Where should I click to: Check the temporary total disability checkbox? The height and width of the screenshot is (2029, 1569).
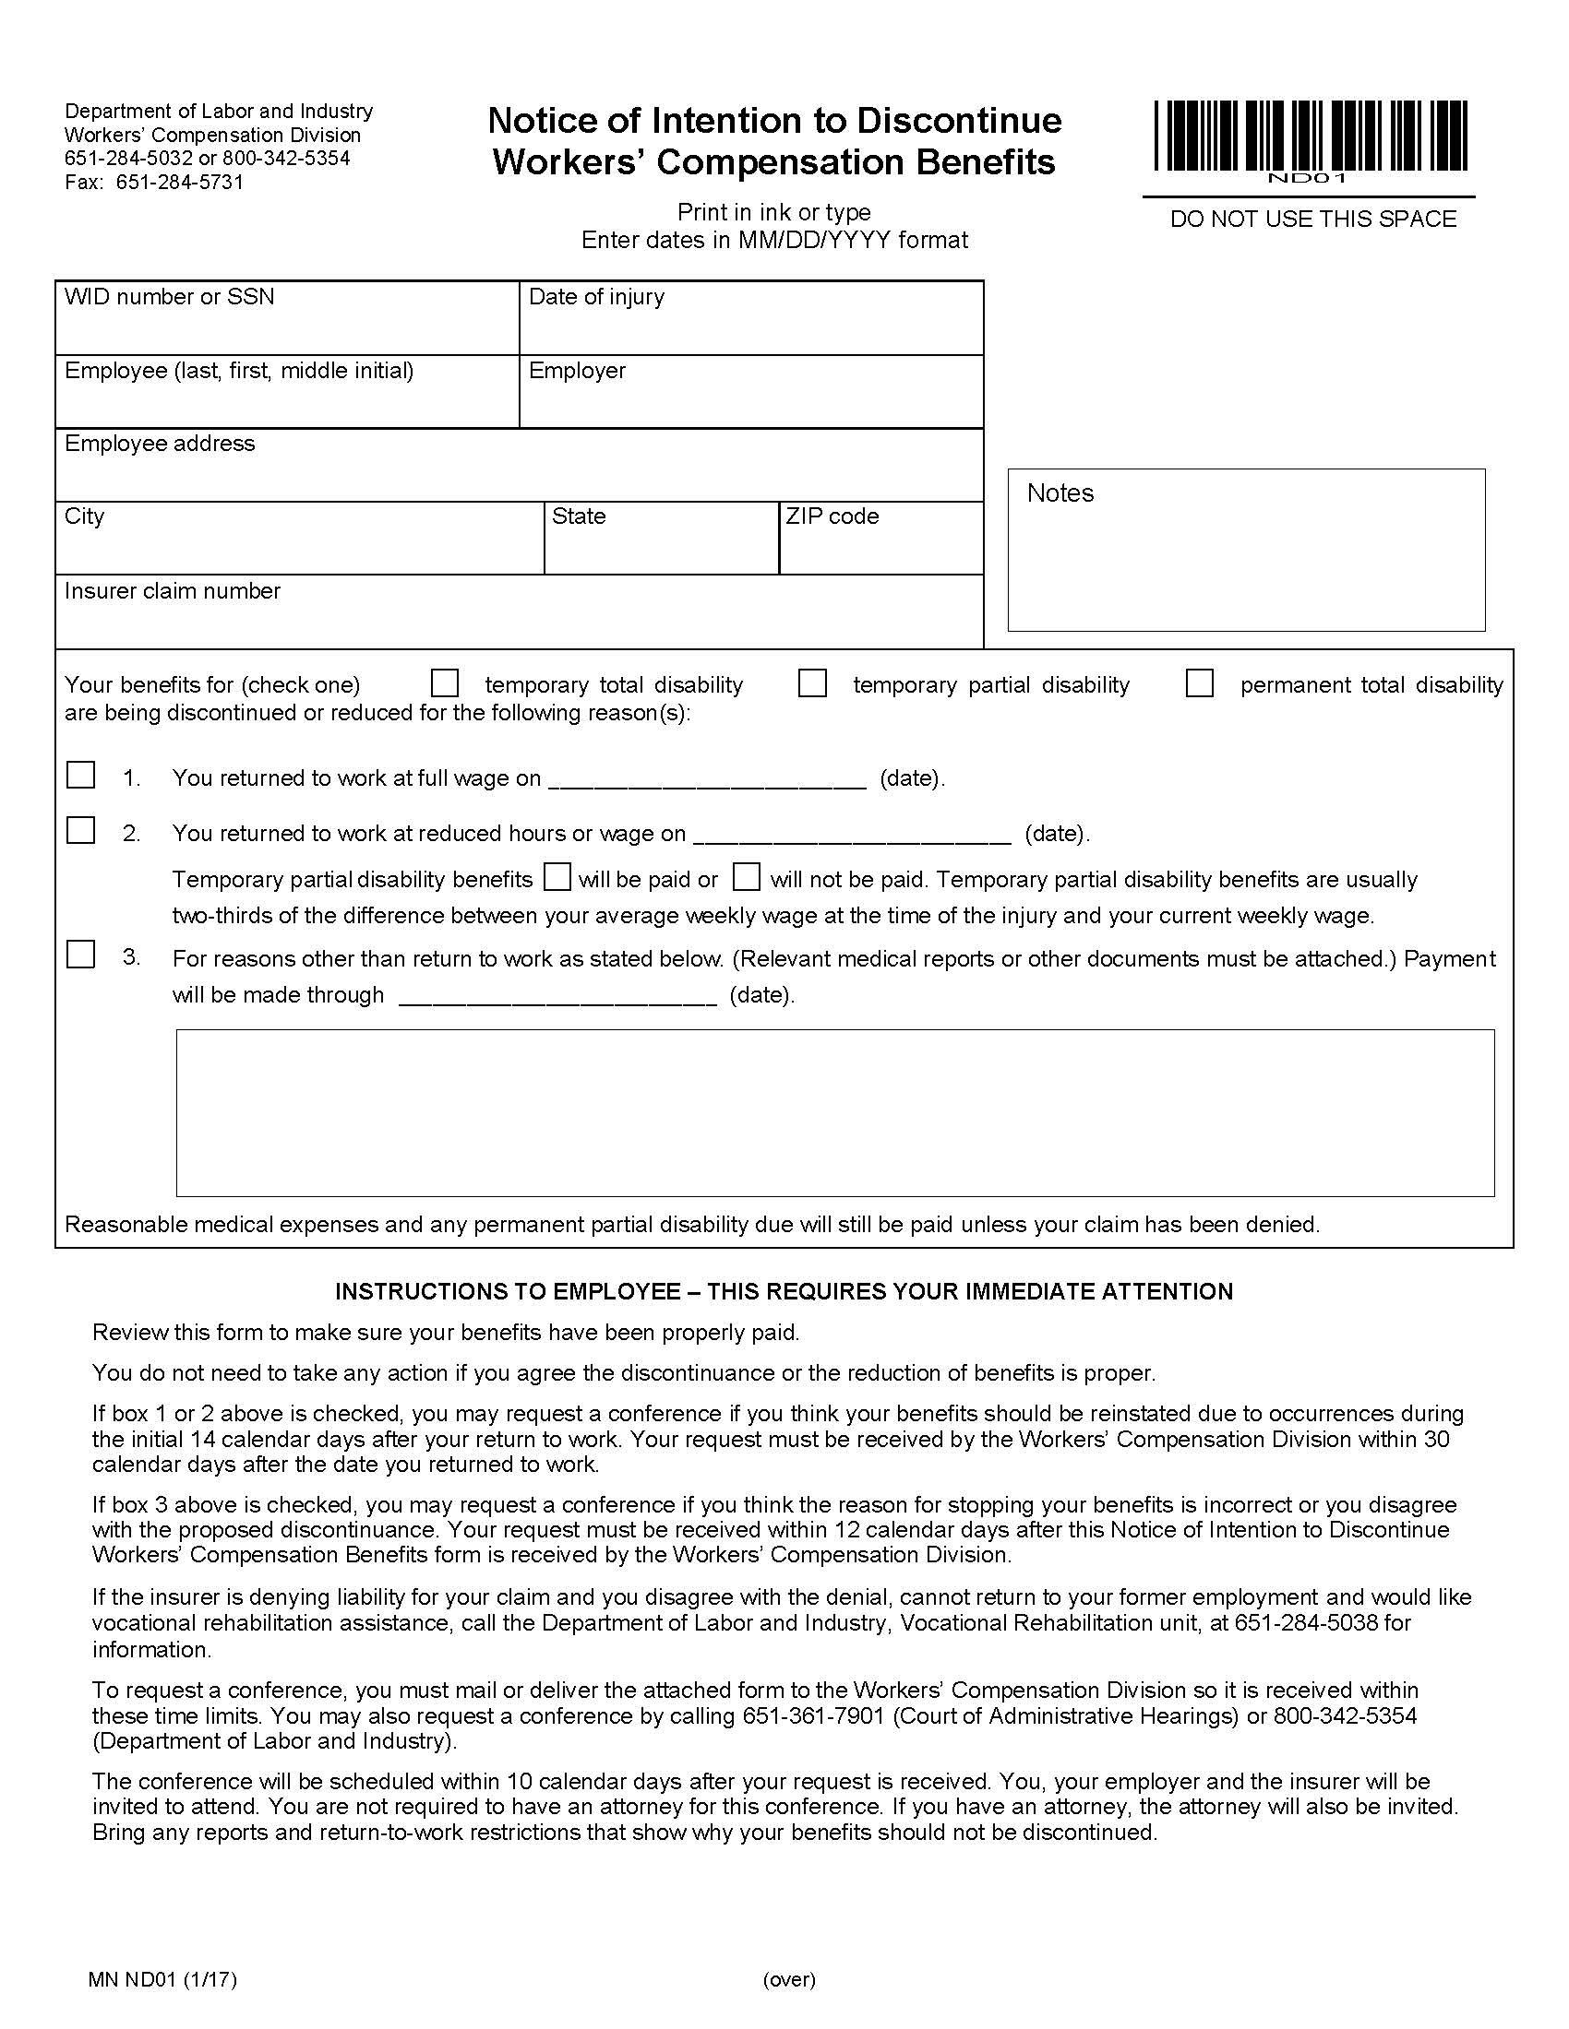[x=445, y=683]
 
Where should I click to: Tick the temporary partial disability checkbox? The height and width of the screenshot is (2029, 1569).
[x=813, y=683]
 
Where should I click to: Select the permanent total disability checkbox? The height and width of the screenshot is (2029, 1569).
[x=1200, y=683]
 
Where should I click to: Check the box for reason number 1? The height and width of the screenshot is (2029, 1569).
[x=81, y=775]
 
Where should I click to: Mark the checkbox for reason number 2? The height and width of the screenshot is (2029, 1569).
[x=81, y=831]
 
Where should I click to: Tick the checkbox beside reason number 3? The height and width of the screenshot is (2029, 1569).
[x=81, y=955]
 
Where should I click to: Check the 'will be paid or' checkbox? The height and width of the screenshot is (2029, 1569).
[x=557, y=877]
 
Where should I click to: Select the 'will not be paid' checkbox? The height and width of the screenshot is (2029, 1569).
[x=747, y=877]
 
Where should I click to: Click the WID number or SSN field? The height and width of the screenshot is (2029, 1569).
[x=286, y=327]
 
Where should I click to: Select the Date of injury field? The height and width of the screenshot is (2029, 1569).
[x=751, y=327]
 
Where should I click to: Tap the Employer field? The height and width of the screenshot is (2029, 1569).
[x=751, y=401]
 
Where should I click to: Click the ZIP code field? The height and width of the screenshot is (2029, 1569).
[x=881, y=548]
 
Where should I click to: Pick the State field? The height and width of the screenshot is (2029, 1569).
[x=661, y=548]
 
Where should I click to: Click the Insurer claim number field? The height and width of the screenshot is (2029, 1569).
[x=519, y=621]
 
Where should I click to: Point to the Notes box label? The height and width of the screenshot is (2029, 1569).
[x=1060, y=493]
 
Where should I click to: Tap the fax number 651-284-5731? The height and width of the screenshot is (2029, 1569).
[x=179, y=182]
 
